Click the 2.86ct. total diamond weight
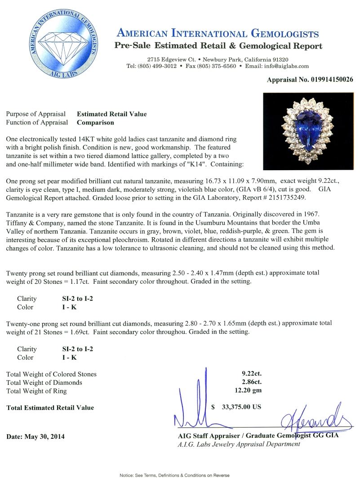coord(251,382)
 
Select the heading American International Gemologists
coord(218,34)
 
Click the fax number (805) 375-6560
coord(217,66)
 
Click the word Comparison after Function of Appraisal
coord(95,122)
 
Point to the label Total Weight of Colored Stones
coord(51,374)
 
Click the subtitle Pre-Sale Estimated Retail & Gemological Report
coord(218,46)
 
